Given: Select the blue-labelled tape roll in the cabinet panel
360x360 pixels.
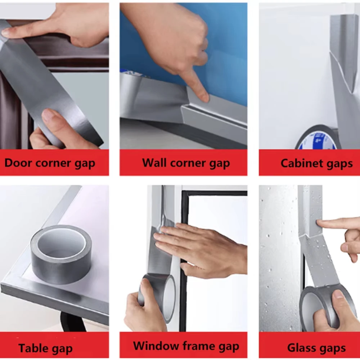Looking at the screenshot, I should pyautogui.click(x=317, y=139).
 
